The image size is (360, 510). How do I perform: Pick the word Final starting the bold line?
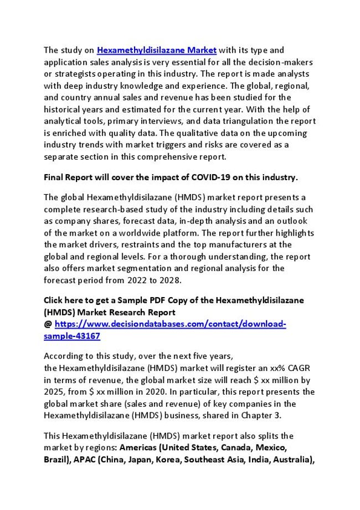click(x=54, y=177)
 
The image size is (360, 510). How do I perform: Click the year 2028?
click(x=171, y=280)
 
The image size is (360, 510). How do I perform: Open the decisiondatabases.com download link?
click(x=170, y=324)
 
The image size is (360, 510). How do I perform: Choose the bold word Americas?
click(x=139, y=447)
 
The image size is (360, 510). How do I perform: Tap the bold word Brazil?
click(x=56, y=460)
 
